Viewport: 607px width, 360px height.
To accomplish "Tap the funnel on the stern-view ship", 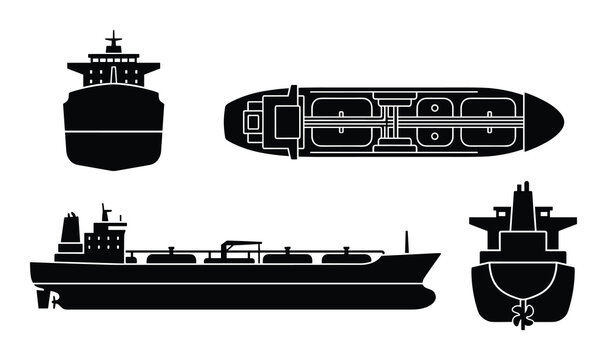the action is coord(522,205).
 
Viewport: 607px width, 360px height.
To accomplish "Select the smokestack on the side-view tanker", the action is coord(70,234).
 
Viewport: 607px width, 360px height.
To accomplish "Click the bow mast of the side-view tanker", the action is coord(406,244).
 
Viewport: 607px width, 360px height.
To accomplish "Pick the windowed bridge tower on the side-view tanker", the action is coord(105,238).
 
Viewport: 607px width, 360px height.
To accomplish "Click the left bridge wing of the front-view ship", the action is coord(76,66).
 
